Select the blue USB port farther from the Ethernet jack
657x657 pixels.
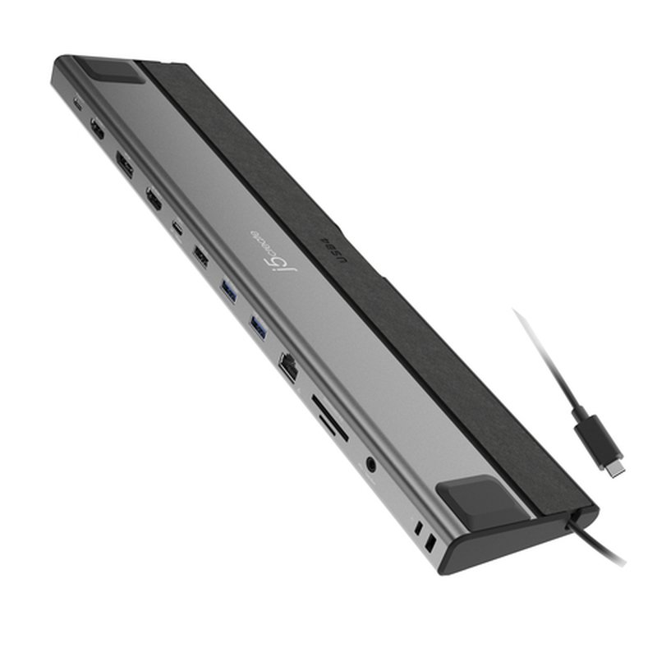(x=228, y=290)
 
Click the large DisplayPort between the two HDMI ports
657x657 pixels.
(x=126, y=163)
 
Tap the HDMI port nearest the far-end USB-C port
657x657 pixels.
(x=97, y=129)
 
